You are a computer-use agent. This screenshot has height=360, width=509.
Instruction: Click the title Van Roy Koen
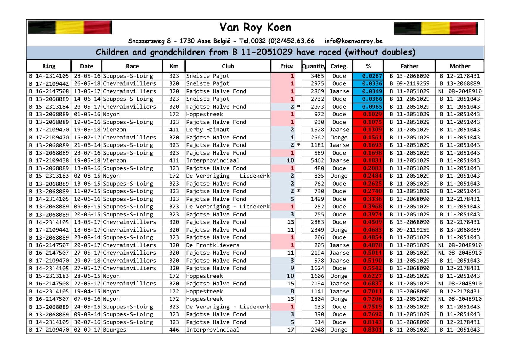pos(255,28)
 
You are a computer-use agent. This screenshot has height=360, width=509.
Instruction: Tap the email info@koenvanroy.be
pos(353,41)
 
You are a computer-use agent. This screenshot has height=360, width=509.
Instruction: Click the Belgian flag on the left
pos(70,28)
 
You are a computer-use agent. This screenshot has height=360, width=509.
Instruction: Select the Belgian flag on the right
pos(436,28)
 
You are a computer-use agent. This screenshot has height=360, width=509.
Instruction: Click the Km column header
pos(174,66)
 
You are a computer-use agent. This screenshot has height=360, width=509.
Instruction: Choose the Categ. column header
pos(339,66)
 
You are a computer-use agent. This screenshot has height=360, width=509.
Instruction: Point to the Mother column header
pos(460,66)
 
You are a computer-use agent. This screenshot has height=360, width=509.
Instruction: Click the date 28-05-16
pos(87,76)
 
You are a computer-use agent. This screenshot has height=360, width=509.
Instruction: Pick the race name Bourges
pos(115,330)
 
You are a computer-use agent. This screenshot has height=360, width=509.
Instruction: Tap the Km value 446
pos(174,330)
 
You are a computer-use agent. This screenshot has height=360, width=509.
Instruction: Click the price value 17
pos(290,330)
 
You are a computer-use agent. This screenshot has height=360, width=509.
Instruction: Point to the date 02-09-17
pos(87,330)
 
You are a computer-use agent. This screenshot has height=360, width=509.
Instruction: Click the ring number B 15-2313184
pos(49,107)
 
